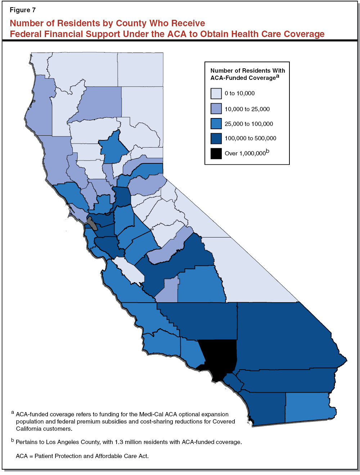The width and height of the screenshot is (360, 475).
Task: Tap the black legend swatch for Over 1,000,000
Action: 216,153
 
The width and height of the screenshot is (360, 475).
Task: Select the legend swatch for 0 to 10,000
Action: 216,94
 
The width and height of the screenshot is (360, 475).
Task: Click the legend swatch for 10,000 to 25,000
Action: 216,109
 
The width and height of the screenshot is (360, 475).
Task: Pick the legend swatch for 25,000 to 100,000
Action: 216,123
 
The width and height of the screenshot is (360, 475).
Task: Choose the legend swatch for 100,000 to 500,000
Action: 216,139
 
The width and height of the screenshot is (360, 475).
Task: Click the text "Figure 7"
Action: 23,10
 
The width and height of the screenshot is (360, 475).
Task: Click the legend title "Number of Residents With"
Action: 248,71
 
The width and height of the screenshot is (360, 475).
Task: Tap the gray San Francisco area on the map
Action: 93,224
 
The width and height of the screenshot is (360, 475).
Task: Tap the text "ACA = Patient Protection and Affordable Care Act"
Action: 82,456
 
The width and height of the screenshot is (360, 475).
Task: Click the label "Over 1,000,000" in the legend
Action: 245,153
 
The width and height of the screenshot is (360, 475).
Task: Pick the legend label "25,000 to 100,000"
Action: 249,124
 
